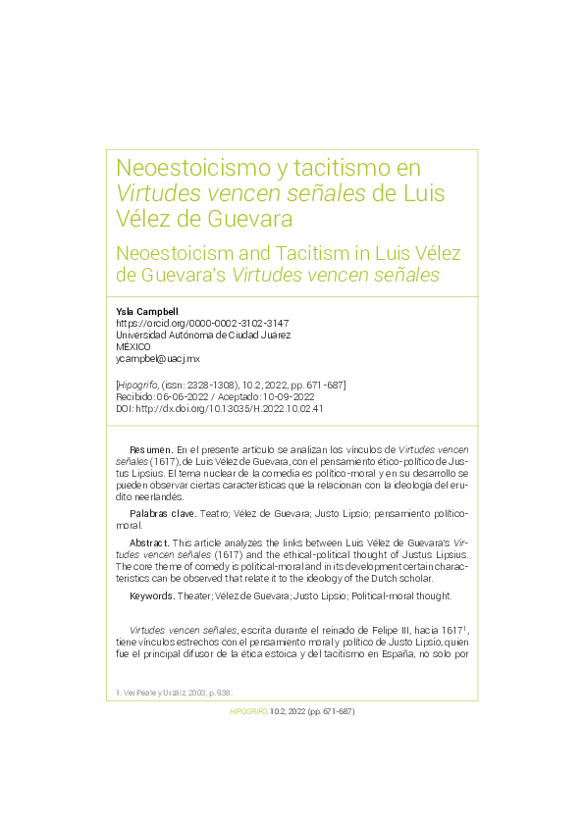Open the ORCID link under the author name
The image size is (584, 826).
point(202,323)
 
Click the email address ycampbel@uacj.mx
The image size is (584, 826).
point(158,359)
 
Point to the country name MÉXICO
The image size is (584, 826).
point(133,347)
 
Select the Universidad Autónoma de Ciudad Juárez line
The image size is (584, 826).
point(203,335)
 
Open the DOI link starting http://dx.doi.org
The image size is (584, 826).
point(228,408)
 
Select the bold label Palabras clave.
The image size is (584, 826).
point(162,513)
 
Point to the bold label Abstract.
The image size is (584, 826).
point(149,542)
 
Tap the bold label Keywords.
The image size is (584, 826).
point(152,595)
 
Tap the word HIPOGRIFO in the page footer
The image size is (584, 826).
point(248,711)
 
